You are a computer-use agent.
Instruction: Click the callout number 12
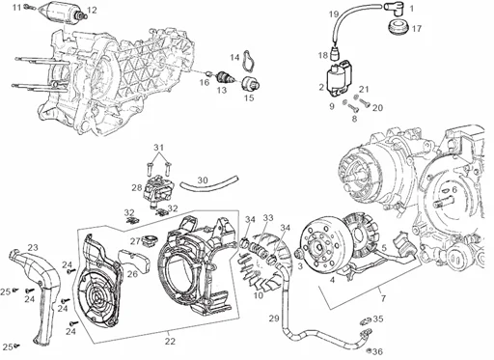click(92, 10)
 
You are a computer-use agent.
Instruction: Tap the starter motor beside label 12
click(62, 13)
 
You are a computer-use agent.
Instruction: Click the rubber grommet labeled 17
click(398, 27)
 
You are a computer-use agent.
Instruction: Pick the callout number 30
click(203, 180)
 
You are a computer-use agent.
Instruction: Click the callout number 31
click(158, 148)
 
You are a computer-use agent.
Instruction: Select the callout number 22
click(170, 341)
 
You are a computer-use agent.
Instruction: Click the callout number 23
click(33, 247)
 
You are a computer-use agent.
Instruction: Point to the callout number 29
click(274, 318)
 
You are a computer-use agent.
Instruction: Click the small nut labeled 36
click(370, 350)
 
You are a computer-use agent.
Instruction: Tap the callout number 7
click(383, 298)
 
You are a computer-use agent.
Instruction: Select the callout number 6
click(454, 190)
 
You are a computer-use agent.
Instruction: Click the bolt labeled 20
click(364, 102)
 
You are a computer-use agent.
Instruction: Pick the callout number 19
click(334, 14)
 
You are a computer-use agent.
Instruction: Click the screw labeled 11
click(27, 6)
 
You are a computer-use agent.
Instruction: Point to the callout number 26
click(132, 274)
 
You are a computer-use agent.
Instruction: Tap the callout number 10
click(259, 294)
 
